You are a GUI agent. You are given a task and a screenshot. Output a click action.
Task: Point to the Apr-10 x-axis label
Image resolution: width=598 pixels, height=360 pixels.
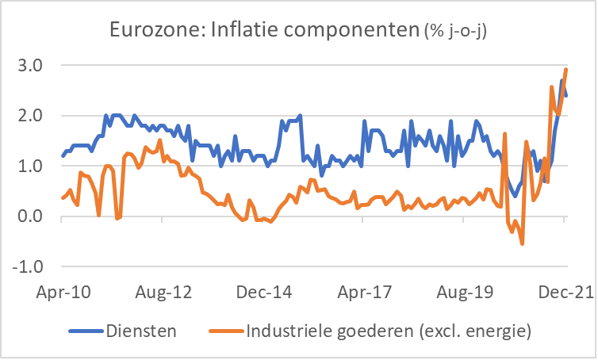pyautogui.click(x=62, y=293)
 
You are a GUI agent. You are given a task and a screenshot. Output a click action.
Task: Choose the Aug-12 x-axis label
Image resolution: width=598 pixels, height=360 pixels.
pyautogui.click(x=163, y=293)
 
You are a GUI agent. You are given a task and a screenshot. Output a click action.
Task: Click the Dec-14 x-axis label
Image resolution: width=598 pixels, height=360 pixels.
pyautogui.click(x=264, y=293)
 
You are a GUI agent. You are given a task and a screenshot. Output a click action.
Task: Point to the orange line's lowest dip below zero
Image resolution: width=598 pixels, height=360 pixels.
pyautogui.click(x=522, y=243)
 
